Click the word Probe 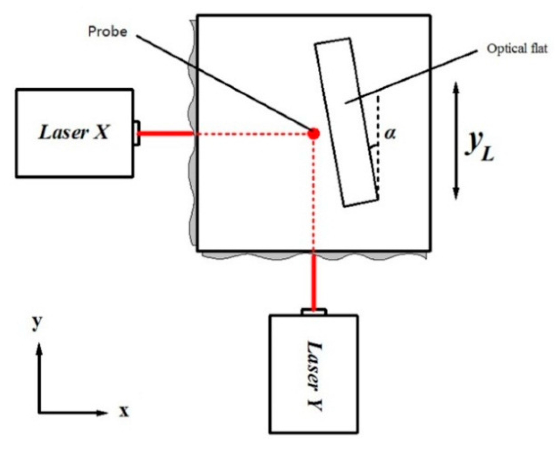coord(108,32)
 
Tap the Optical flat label coord(517,49)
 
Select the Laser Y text coord(314,376)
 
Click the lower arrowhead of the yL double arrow coord(456,195)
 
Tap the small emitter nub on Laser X coord(137,133)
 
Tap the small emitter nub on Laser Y coord(314,312)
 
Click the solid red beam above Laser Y coord(314,280)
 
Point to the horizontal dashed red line coord(250,134)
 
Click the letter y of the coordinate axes coord(37,322)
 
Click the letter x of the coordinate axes coord(124,412)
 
